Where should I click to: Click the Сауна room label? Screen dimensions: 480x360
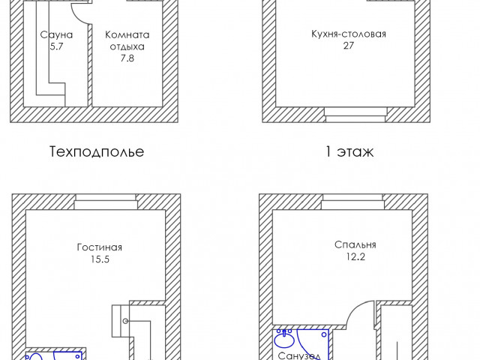pyautogui.click(x=57, y=34)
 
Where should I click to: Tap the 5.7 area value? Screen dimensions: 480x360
pyautogui.click(x=57, y=46)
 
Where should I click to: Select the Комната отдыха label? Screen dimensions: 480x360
pyautogui.click(x=127, y=40)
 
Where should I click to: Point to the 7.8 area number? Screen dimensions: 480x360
pyautogui.click(x=127, y=58)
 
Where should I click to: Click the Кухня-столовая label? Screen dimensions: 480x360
pyautogui.click(x=349, y=34)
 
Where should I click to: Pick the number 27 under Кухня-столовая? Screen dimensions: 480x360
pyautogui.click(x=349, y=45)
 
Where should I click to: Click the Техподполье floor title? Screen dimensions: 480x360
pyautogui.click(x=97, y=151)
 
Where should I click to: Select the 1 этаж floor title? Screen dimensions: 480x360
pyautogui.click(x=349, y=151)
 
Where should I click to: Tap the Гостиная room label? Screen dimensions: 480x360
pyautogui.click(x=100, y=247)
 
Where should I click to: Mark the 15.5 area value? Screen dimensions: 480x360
pyautogui.click(x=100, y=259)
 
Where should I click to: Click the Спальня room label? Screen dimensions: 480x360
pyautogui.click(x=355, y=245)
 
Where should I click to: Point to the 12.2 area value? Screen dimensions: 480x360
pyautogui.click(x=355, y=256)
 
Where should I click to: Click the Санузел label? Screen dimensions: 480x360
pyautogui.click(x=299, y=355)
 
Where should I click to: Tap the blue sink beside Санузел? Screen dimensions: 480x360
pyautogui.click(x=284, y=339)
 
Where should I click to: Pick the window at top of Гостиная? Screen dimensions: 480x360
pyautogui.click(x=106, y=202)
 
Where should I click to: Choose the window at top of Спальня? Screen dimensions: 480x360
pyautogui.click(x=352, y=202)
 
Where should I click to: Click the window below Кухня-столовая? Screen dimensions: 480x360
pyautogui.click(x=355, y=115)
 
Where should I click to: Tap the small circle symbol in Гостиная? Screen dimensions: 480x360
pyautogui.click(x=125, y=321)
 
